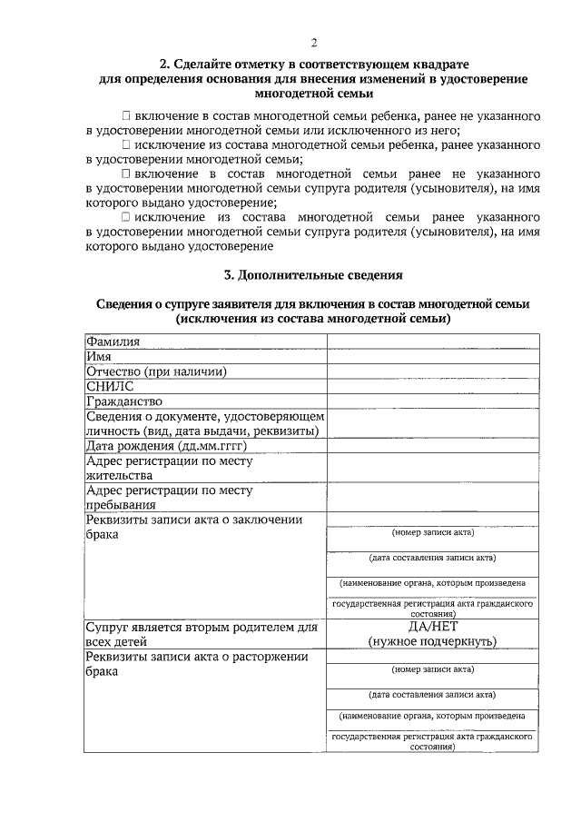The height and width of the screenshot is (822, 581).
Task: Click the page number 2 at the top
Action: [x=313, y=43]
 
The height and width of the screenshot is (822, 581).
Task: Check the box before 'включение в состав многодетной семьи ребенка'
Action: [x=125, y=117]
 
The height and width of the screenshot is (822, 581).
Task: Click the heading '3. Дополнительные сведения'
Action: [x=313, y=274]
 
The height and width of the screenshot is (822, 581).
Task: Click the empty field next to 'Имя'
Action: [x=431, y=357]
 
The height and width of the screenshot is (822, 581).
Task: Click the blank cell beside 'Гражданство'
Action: [x=431, y=401]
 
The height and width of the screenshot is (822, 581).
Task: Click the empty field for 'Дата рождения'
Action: [x=431, y=445]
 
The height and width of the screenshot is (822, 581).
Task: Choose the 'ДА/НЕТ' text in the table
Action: [x=431, y=627]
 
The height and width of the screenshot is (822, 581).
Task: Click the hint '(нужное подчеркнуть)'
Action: [x=431, y=641]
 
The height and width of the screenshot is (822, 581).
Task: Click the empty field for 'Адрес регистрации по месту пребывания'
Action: [x=431, y=497]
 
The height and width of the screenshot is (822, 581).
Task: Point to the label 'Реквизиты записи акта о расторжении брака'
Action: [x=196, y=663]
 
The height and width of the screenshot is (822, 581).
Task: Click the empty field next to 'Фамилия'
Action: [x=431, y=342]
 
